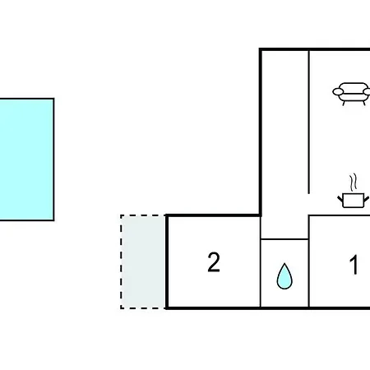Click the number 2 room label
coord(214,262)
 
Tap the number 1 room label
coord(354,264)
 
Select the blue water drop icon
coord(284,276)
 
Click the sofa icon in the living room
coord(351,94)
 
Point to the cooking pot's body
coord(354,201)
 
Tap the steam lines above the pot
coord(354,182)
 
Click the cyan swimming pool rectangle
coord(26,160)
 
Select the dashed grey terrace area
coord(143,262)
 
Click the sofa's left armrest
coord(338,92)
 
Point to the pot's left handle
coord(340,198)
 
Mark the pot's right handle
coord(367,198)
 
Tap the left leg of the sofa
coord(344,103)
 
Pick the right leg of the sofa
coord(363,103)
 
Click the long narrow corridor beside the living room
coord(285,132)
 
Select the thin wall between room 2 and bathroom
coord(261,261)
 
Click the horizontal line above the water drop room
coord(284,239)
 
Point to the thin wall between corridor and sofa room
coord(309,123)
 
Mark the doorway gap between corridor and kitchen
coord(309,204)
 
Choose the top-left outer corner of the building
coord(259,49)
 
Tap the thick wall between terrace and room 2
coord(167,262)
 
